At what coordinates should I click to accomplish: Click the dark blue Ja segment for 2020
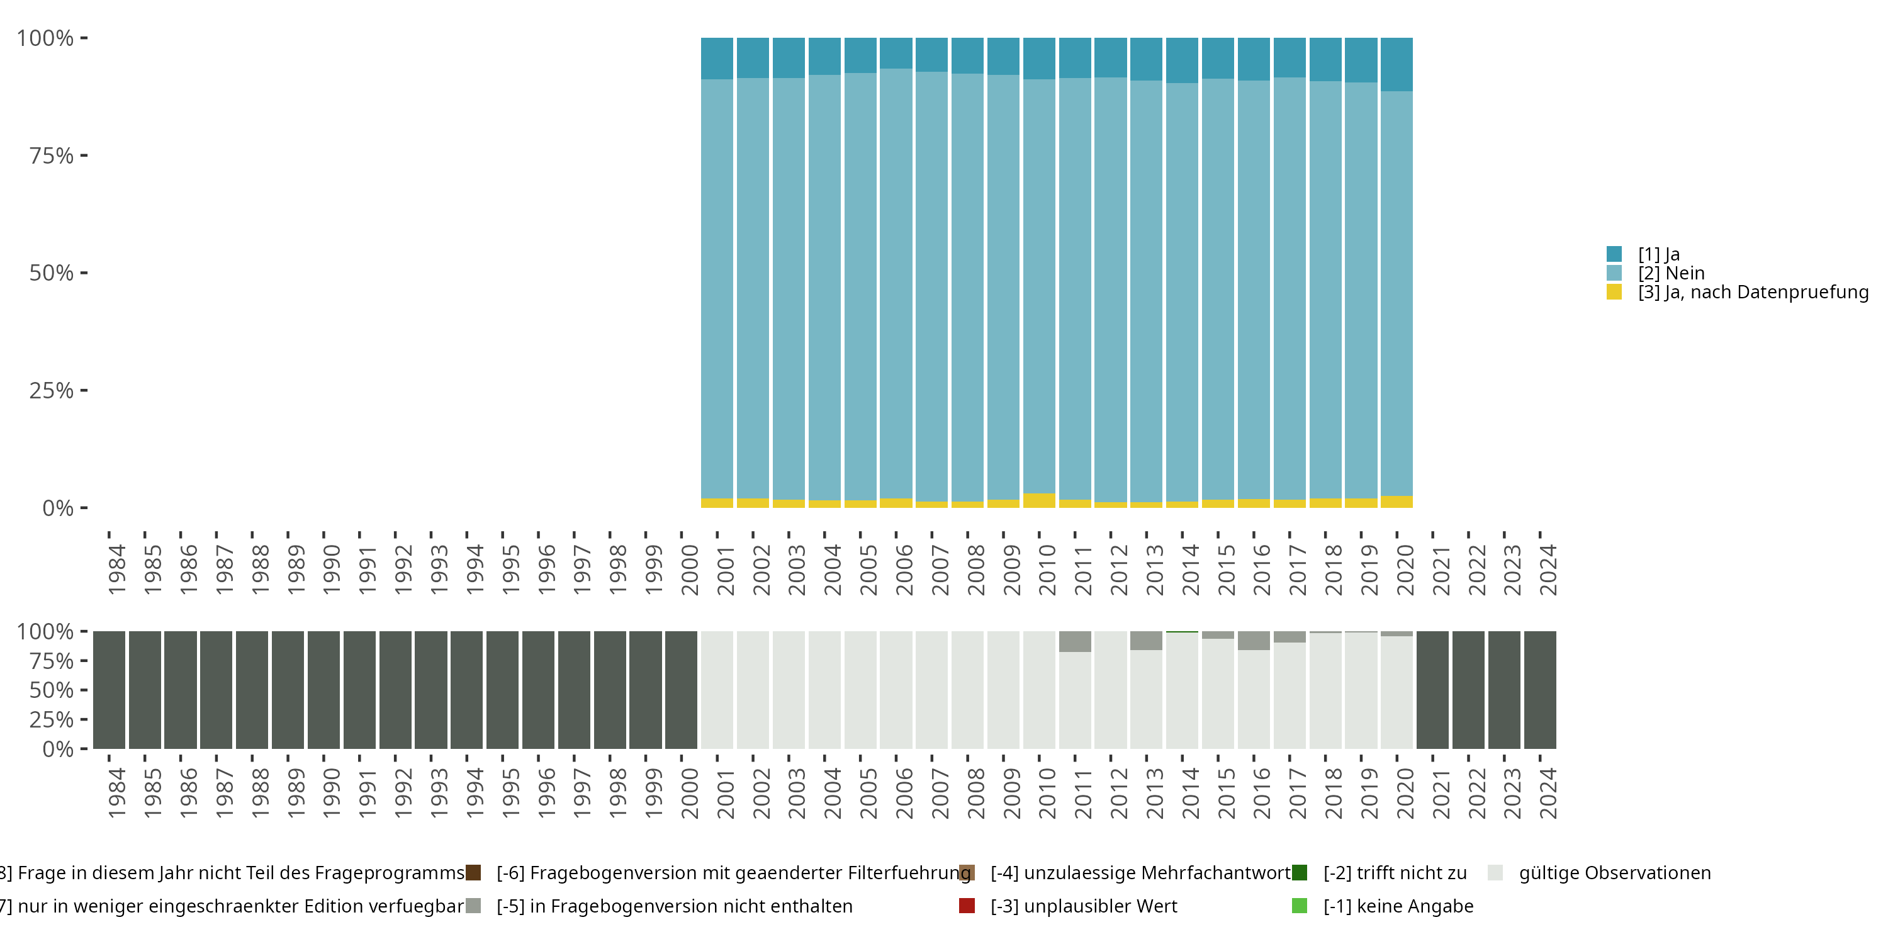1396,64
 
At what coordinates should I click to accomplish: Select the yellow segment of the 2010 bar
1038,500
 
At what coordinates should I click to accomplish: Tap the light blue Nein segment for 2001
717,289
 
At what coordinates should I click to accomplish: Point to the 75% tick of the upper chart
84,155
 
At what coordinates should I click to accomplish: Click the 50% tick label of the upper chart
52,273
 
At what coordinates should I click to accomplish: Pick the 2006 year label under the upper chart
904,570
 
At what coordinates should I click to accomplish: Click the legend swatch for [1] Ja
1614,254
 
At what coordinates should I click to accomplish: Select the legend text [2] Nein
1671,273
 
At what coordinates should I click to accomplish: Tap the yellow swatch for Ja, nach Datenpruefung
1614,293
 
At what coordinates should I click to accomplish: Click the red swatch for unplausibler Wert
967,906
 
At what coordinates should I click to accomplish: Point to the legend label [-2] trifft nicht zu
1395,873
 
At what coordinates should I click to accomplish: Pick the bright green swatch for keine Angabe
1300,906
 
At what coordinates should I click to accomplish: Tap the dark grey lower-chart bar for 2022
1468,690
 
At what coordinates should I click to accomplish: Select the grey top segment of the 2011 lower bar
1074,641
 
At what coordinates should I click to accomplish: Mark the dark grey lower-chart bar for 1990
323,690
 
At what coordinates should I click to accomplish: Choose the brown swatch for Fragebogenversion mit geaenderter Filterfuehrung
473,873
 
